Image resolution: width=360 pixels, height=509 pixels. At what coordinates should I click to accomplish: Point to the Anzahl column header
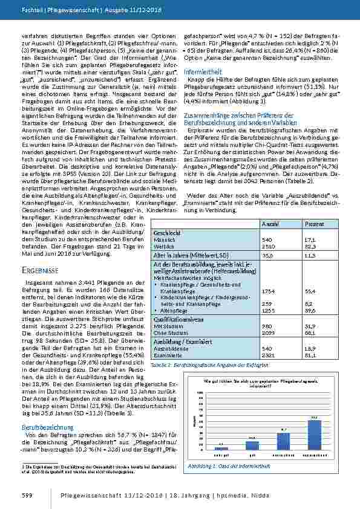[x=269, y=224]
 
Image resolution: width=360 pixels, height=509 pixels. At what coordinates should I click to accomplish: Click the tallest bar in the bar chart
[x=314, y=434]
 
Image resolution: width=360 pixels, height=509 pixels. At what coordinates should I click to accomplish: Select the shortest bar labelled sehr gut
[x=222, y=448]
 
